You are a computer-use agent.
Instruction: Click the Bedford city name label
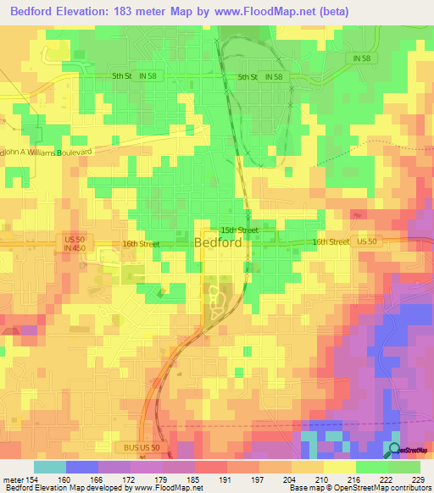(224, 242)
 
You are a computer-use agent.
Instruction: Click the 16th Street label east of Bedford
(330, 242)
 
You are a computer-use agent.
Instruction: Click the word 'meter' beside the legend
(13, 479)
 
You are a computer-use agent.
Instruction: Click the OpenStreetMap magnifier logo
(395, 450)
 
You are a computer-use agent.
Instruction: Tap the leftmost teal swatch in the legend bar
(49, 467)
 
